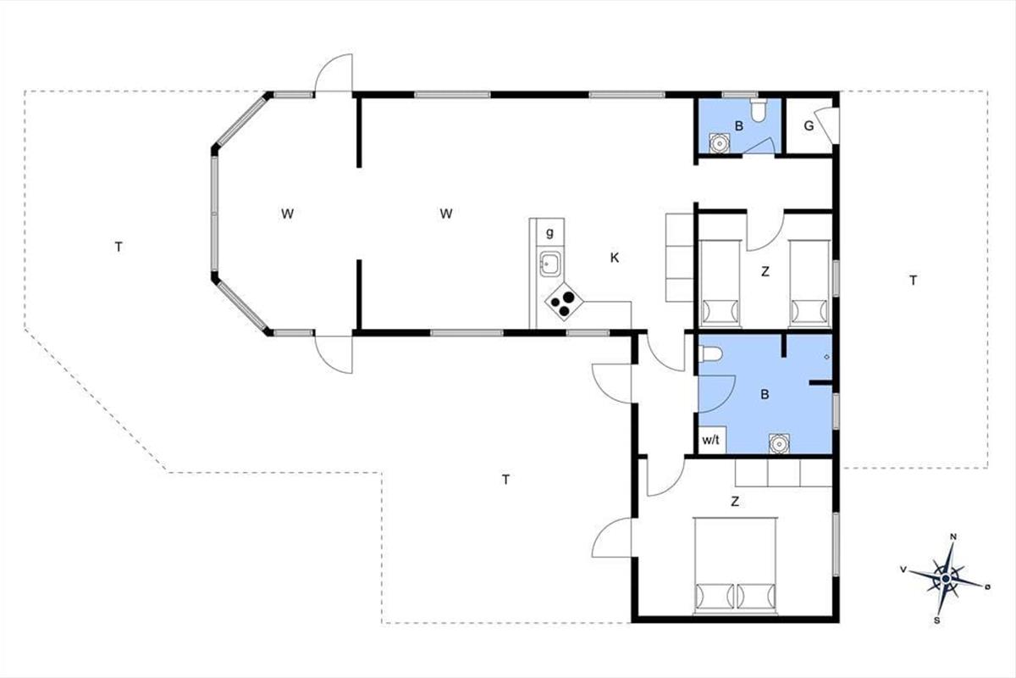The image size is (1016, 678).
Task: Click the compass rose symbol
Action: [945, 578]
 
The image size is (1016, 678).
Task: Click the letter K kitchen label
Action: [614, 258]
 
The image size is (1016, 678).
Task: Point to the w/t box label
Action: [710, 440]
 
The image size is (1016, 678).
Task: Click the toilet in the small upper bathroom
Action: [759, 110]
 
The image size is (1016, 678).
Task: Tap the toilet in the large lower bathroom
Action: [710, 354]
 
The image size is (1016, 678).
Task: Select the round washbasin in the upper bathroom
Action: [720, 143]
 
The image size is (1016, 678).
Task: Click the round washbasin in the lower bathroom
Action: [779, 444]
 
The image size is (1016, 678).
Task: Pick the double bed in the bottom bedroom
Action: [735, 565]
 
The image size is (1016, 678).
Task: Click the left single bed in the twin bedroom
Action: [720, 283]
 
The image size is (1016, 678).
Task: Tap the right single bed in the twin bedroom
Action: [809, 283]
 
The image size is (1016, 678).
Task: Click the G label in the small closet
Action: [809, 126]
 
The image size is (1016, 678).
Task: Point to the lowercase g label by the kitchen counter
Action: [549, 233]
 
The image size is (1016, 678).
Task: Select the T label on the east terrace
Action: [913, 281]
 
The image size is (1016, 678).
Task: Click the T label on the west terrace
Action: [119, 247]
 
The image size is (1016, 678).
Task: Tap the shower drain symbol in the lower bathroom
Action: [826, 357]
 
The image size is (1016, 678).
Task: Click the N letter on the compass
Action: [953, 536]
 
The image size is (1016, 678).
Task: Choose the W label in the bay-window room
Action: [287, 214]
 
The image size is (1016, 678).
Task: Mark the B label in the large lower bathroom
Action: [765, 395]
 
